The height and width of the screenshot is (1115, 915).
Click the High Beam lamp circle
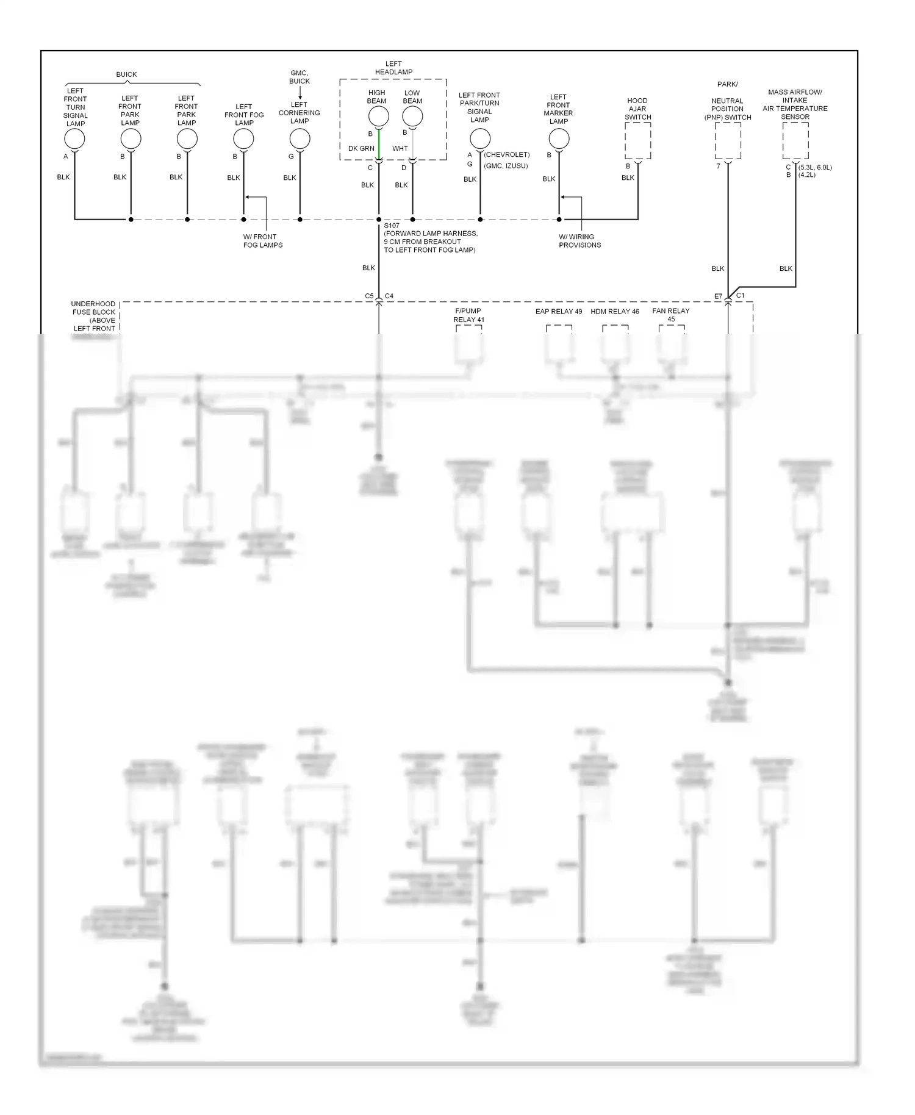tap(378, 116)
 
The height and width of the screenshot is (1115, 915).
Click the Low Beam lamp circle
tap(412, 116)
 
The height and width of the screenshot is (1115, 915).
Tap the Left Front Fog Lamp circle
tap(243, 139)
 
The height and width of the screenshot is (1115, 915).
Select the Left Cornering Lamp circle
tap(300, 139)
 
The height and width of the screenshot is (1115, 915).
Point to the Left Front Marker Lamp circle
tap(559, 139)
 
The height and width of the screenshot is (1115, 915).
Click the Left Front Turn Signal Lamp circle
tap(74, 139)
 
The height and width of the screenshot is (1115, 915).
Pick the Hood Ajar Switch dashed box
tap(637, 141)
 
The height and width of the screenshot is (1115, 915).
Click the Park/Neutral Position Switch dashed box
tap(728, 141)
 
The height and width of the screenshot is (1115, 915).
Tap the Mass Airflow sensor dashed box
tap(795, 141)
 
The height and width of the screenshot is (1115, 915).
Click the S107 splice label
tap(392, 226)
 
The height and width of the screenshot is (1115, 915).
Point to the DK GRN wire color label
tap(361, 149)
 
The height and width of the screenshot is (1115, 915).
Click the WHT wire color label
tap(400, 149)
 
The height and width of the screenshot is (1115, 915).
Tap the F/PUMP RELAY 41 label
tap(468, 315)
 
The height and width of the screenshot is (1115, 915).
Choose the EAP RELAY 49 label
tap(559, 312)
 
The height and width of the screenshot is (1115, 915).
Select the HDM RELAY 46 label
tap(615, 312)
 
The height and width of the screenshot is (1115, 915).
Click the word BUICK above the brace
tap(126, 74)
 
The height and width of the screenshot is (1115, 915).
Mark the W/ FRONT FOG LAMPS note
tap(263, 241)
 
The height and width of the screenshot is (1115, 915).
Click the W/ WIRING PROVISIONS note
tap(579, 241)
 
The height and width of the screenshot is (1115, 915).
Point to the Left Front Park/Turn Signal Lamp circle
tap(480, 138)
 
